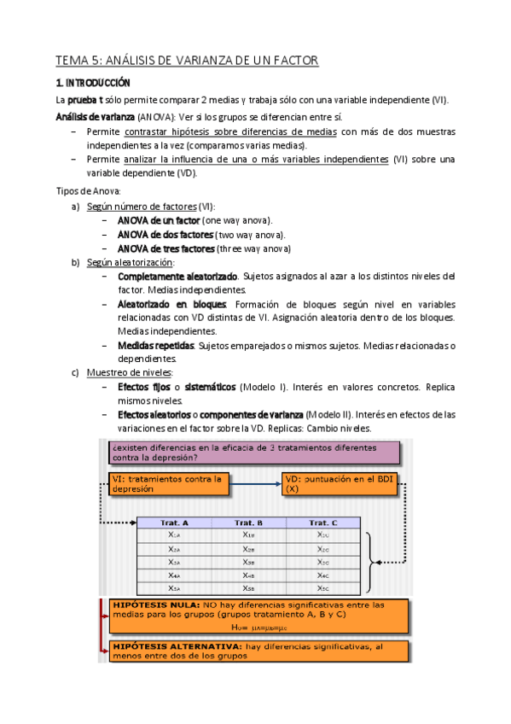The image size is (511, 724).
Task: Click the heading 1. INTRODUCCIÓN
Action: pyautogui.click(x=92, y=83)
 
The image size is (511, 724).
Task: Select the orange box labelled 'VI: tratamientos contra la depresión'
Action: pyautogui.click(x=169, y=484)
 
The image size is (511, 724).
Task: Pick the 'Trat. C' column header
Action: pyautogui.click(x=322, y=523)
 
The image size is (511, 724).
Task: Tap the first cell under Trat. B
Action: pyautogui.click(x=248, y=535)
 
